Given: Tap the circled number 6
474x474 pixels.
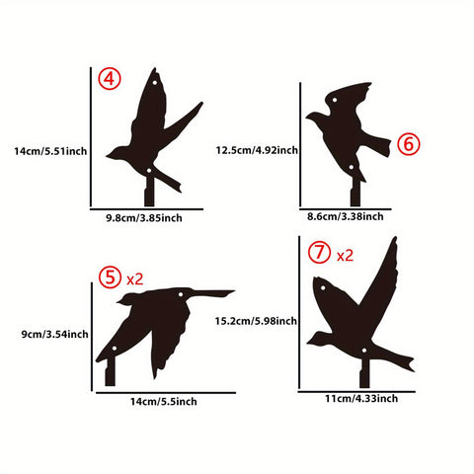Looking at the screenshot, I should pos(409,144).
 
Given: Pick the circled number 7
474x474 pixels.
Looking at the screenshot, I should pos(318,253).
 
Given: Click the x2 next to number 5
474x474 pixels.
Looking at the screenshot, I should pos(135,278).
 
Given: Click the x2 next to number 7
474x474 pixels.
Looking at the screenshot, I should pos(345,255).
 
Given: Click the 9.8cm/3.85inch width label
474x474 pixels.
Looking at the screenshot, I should pos(144,216).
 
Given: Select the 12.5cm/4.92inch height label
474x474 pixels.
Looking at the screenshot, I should pos(257,150).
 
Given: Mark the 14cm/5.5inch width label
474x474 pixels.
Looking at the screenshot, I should pos(164,401).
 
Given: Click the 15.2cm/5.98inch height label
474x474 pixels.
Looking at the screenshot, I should pos(257,320).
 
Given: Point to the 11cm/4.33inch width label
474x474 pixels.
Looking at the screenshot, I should pos(361,398).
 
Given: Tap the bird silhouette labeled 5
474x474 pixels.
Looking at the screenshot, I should pos(158,321).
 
